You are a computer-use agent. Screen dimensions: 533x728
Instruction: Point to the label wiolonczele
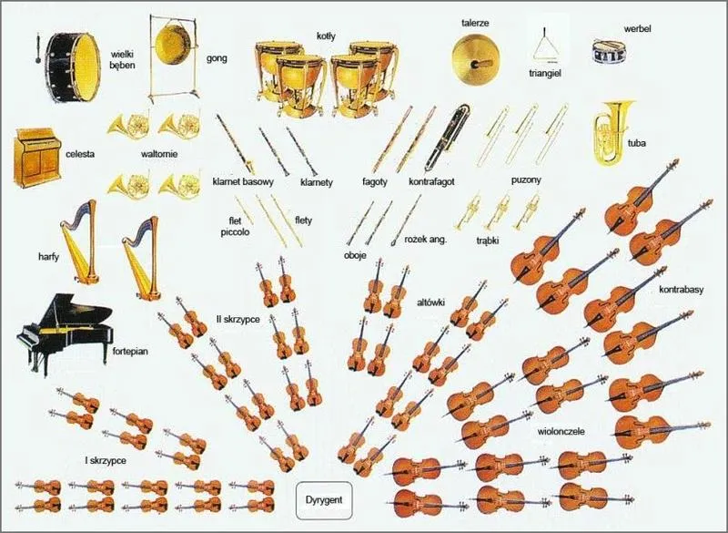[561, 429]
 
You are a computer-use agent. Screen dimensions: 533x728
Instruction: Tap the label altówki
[430, 301]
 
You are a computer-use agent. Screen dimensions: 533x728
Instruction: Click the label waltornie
[159, 154]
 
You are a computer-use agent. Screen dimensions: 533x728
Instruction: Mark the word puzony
[526, 179]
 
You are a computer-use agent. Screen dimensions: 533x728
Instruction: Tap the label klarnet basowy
[242, 181]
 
